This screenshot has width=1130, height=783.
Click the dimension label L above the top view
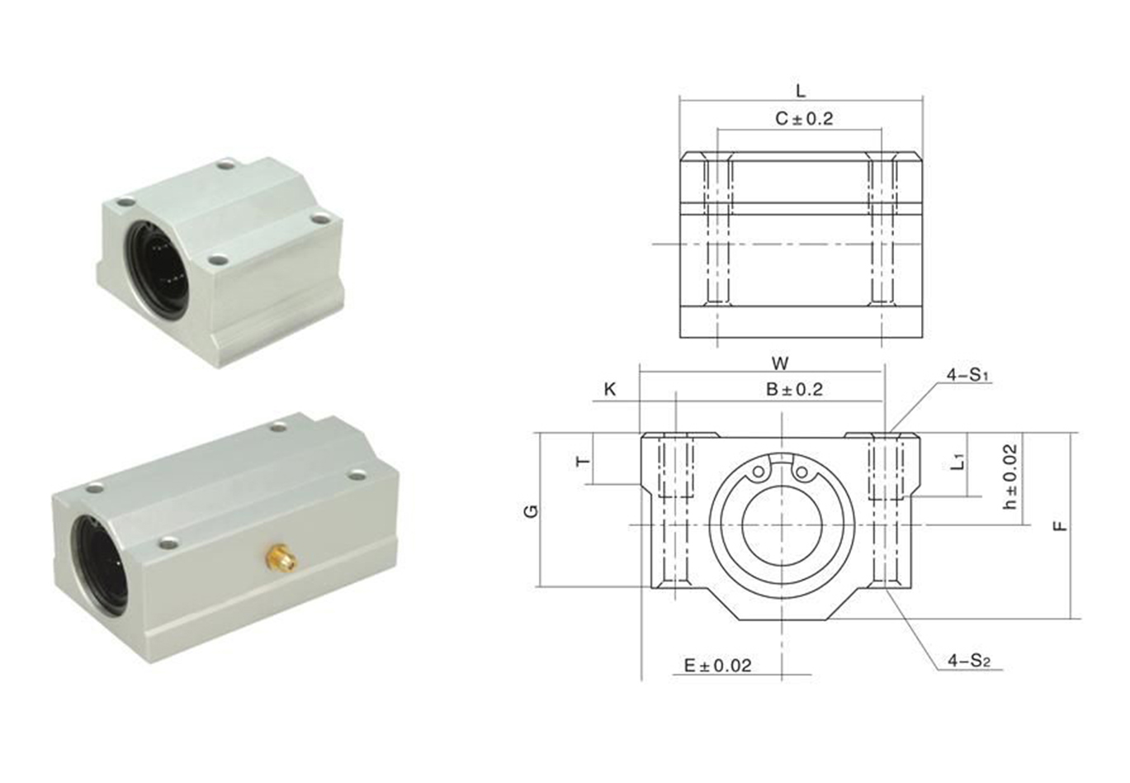801,91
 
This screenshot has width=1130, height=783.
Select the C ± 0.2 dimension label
804,119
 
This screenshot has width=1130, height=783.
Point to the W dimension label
780,363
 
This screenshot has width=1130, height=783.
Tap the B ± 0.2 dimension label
795,389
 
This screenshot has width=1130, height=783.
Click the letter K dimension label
610,389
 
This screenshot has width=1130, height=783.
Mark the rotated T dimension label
584,462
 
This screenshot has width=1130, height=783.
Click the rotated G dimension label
532,512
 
